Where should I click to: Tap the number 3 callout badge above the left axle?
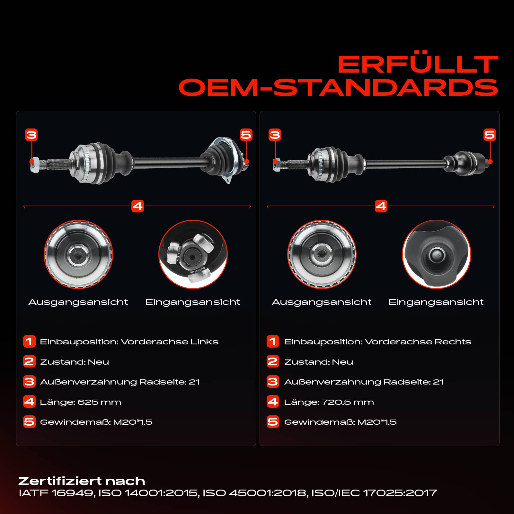tap(31, 135)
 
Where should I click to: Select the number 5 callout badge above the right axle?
tap(490, 135)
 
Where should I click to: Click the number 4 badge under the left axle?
tap(137, 206)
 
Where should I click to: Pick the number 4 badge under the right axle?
tap(381, 206)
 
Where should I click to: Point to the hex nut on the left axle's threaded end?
tap(34, 164)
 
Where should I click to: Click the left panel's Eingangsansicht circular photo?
tap(193, 254)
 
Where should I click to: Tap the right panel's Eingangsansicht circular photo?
tap(437, 254)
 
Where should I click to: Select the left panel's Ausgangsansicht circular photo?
tap(78, 254)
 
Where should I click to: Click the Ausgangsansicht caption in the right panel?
tap(322, 302)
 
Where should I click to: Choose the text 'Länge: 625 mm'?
tap(80, 402)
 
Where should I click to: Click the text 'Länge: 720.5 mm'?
tap(329, 402)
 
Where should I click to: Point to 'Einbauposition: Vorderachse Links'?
tap(129, 342)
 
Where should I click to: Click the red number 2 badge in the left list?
tap(29, 361)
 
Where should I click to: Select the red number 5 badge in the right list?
tap(273, 422)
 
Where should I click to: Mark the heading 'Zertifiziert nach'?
tap(82, 481)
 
